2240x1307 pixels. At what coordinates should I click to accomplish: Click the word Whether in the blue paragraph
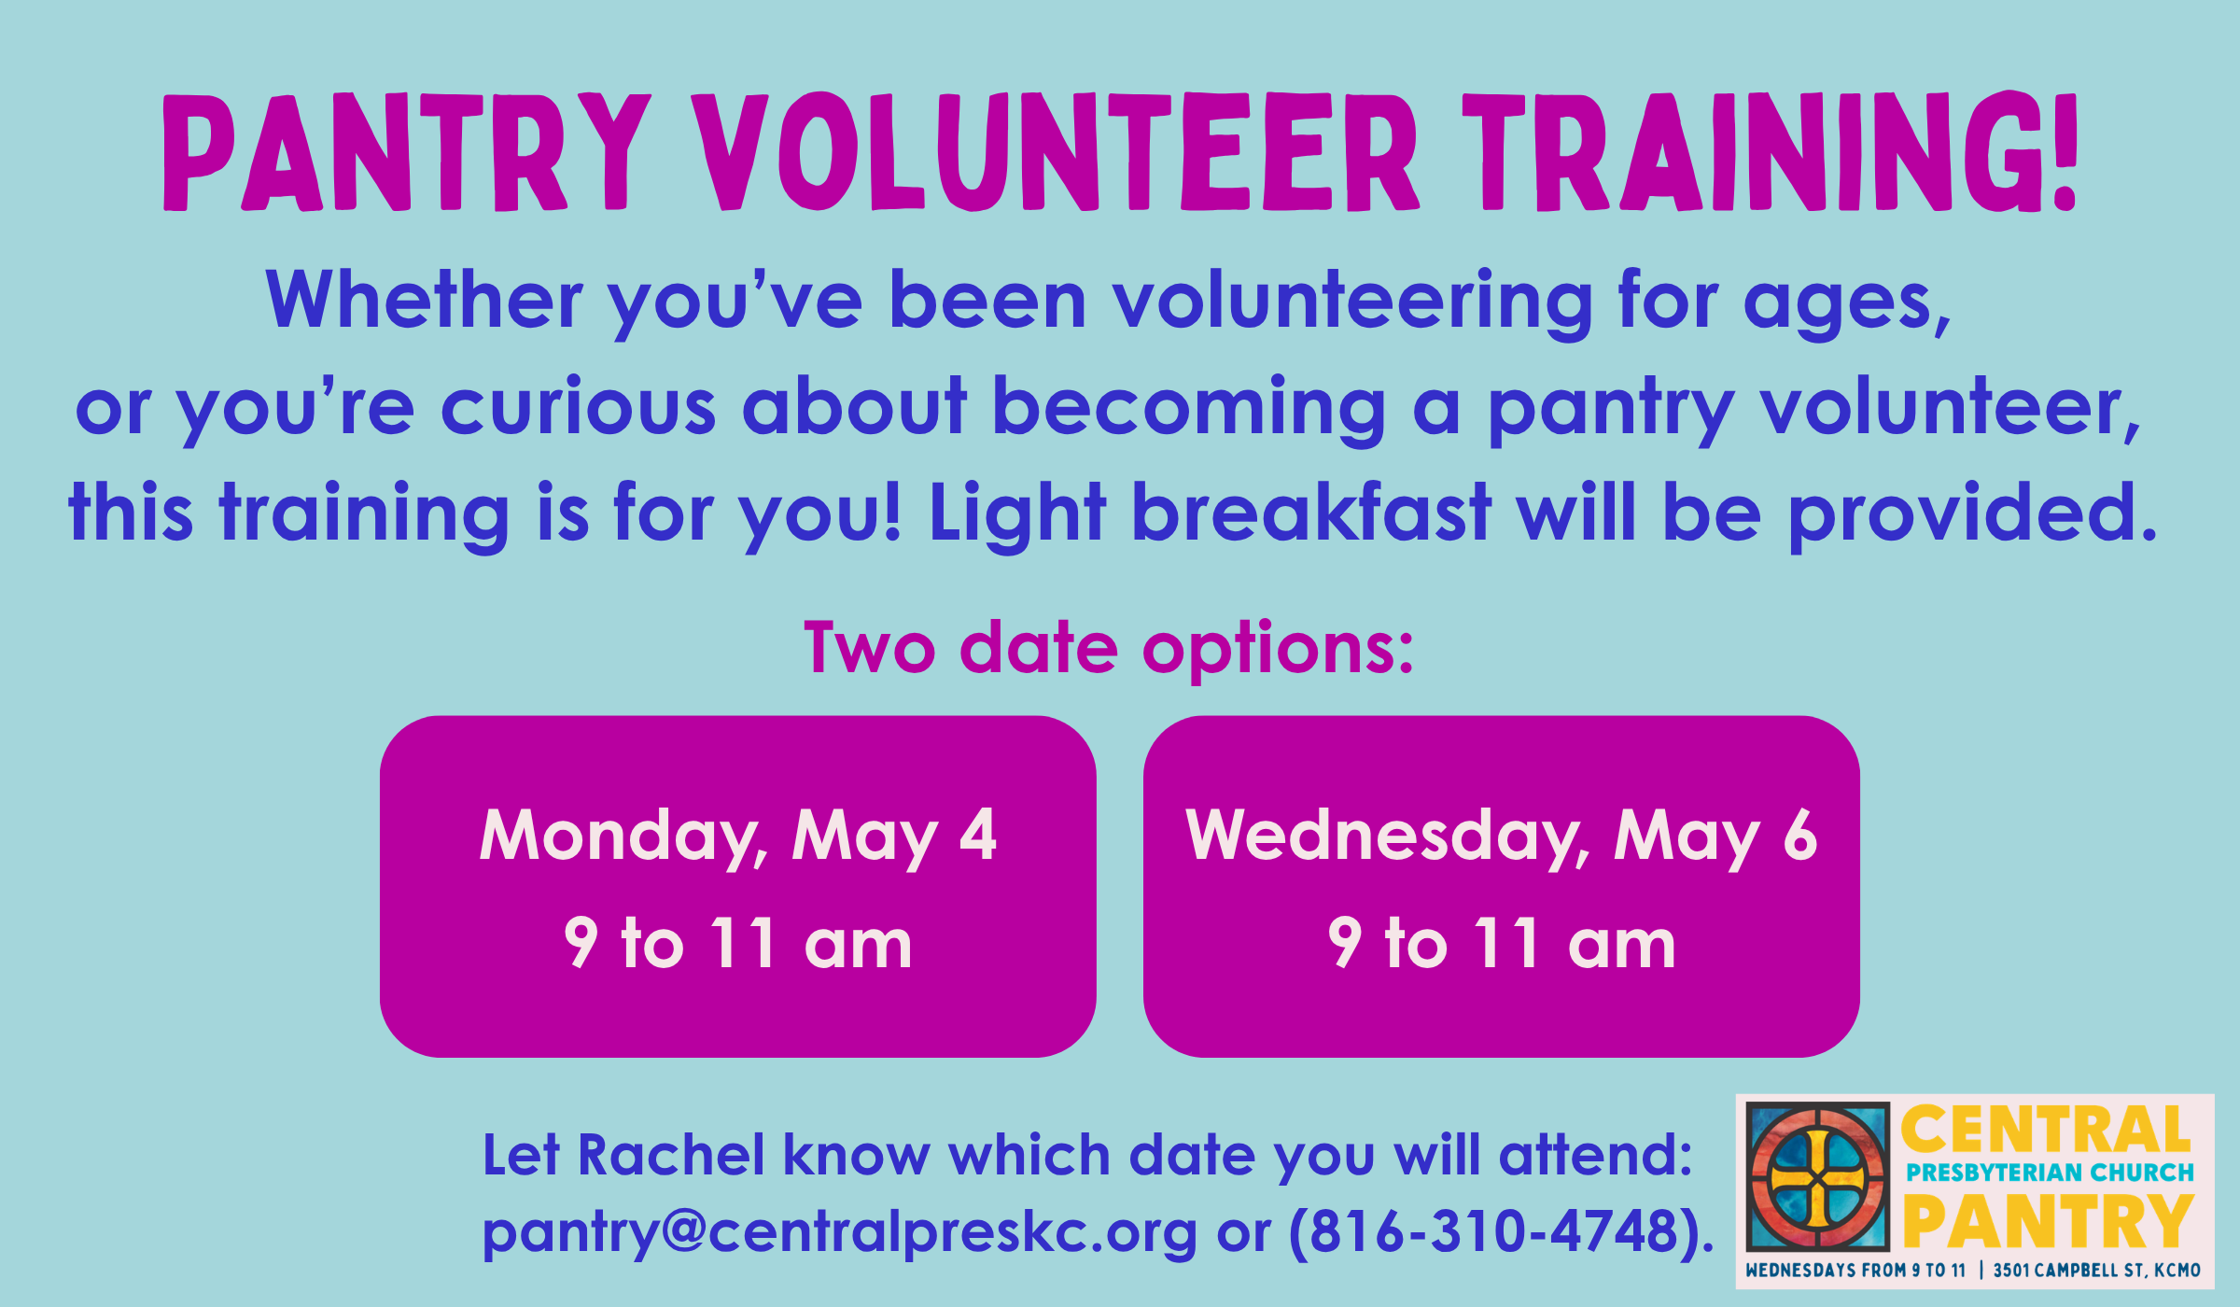(x=425, y=301)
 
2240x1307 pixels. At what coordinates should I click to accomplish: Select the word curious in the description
(x=578, y=407)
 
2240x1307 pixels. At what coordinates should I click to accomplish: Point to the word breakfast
(x=1311, y=513)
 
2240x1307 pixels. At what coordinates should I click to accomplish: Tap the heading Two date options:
(x=1109, y=648)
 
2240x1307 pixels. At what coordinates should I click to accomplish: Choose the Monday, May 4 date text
(x=737, y=836)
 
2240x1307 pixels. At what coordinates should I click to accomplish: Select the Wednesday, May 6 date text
(x=1501, y=836)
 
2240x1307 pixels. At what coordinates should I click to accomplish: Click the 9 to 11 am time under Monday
(x=737, y=944)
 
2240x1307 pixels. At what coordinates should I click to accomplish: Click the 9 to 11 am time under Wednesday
(x=1501, y=944)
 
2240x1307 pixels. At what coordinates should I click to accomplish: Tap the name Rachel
(x=671, y=1156)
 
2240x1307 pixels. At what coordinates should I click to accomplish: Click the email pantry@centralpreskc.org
(x=839, y=1232)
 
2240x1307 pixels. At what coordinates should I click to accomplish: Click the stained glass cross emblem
(x=1817, y=1176)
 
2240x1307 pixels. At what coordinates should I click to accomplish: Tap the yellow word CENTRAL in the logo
(x=2045, y=1131)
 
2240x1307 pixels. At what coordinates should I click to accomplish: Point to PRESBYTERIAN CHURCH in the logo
(x=2050, y=1173)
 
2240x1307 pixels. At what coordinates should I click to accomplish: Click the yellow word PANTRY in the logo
(x=2048, y=1222)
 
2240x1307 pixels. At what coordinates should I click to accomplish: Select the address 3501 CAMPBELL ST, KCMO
(x=2096, y=1271)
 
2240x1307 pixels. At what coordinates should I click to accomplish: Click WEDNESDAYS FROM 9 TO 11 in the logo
(x=1855, y=1271)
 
